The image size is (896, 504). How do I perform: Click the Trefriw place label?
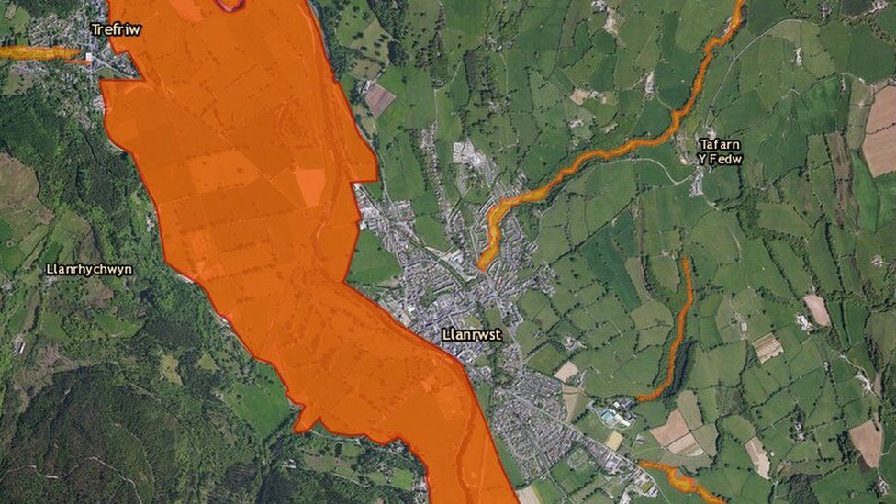[x=116, y=29]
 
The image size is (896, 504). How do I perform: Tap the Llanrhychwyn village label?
[x=89, y=270]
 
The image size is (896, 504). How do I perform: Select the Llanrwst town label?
[x=471, y=335]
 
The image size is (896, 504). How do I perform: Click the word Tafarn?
[x=720, y=144]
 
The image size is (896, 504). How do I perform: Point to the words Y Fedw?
[x=720, y=159]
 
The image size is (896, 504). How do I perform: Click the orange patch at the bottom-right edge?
[x=679, y=478]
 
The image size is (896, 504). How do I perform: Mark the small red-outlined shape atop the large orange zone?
[x=230, y=5]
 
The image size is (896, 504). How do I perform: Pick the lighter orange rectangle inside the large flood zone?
[x=311, y=187]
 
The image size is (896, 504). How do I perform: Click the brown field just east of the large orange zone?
[x=379, y=98]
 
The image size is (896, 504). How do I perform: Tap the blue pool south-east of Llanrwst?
[x=607, y=418]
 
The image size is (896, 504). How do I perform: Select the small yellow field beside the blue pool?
[x=613, y=440]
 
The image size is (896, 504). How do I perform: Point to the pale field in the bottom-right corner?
[x=866, y=442]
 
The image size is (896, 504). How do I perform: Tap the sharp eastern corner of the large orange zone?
[x=377, y=174]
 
